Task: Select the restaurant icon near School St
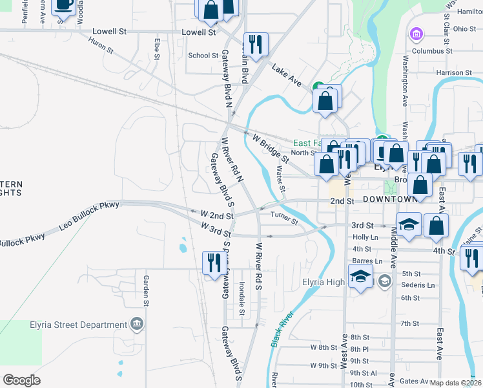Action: [256, 45]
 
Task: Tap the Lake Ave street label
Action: [287, 75]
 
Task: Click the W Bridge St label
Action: [271, 148]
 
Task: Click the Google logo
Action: [21, 380]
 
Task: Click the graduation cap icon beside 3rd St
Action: [408, 225]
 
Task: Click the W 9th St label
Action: [328, 365]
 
